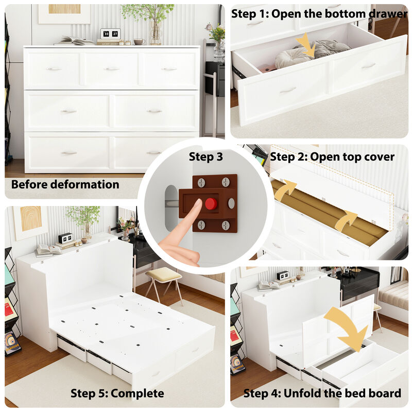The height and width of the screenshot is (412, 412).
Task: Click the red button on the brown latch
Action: [x=210, y=203]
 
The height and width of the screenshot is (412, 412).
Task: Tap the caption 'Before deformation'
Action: [x=65, y=184]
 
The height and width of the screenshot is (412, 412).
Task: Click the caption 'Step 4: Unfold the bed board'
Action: [x=322, y=393]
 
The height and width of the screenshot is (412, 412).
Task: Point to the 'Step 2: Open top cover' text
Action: [x=332, y=157]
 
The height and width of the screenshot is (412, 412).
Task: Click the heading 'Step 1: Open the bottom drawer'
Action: [x=319, y=14]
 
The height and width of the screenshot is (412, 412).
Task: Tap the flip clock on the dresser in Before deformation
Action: [x=110, y=35]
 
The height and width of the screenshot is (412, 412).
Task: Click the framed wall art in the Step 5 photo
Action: [x=30, y=221]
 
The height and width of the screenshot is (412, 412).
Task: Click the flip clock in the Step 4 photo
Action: [x=283, y=275]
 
